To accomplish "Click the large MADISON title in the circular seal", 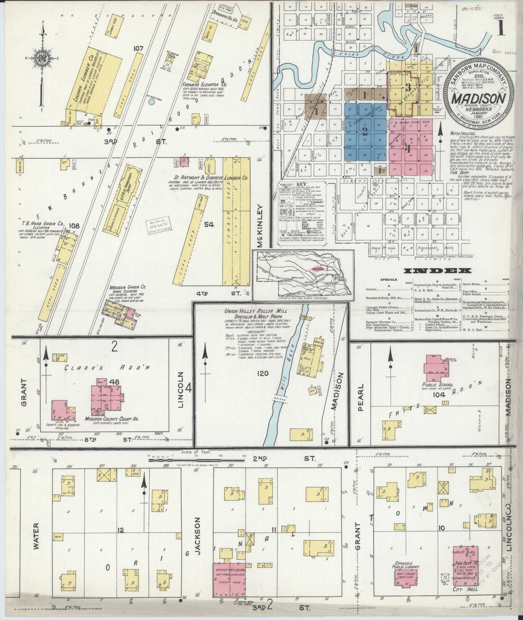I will (x=478, y=98).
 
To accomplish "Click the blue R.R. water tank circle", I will (x=152, y=102).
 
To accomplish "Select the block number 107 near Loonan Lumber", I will (x=138, y=48).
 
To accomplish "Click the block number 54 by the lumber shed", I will (x=209, y=225).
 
